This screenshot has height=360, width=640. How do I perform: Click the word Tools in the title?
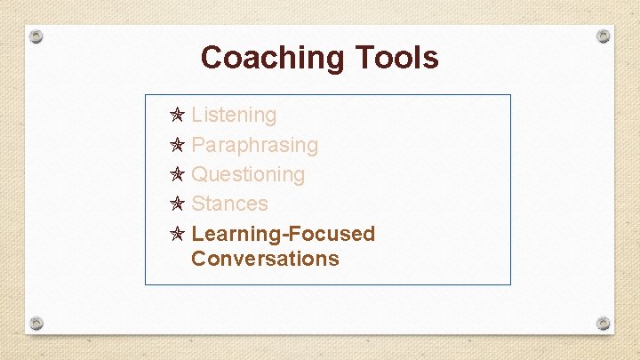pyautogui.click(x=397, y=58)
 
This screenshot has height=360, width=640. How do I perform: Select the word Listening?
pyautogui.click(x=234, y=115)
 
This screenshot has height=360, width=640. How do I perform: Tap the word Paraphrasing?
pyautogui.click(x=254, y=145)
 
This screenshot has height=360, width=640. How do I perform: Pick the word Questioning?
pyautogui.click(x=248, y=174)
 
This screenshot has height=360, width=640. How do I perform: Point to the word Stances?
pyautogui.click(x=229, y=204)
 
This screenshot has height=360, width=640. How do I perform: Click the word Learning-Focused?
pyautogui.click(x=283, y=234)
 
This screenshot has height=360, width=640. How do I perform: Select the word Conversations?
pyautogui.click(x=265, y=259)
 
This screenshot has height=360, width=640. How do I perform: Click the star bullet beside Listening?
pyautogui.click(x=177, y=115)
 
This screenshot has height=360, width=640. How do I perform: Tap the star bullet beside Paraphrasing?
pyautogui.click(x=177, y=145)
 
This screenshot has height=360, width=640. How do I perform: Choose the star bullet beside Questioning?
pyautogui.click(x=177, y=174)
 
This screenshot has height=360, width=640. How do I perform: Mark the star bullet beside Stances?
pyautogui.click(x=177, y=204)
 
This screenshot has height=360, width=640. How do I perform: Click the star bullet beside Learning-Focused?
pyautogui.click(x=177, y=234)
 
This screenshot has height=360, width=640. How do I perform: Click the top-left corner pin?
pyautogui.click(x=36, y=37)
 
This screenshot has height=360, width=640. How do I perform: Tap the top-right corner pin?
pyautogui.click(x=604, y=36)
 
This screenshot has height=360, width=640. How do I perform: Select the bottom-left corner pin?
pyautogui.click(x=36, y=322)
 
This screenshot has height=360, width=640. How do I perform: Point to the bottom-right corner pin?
pyautogui.click(x=604, y=322)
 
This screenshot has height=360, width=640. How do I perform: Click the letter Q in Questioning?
pyautogui.click(x=200, y=174)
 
